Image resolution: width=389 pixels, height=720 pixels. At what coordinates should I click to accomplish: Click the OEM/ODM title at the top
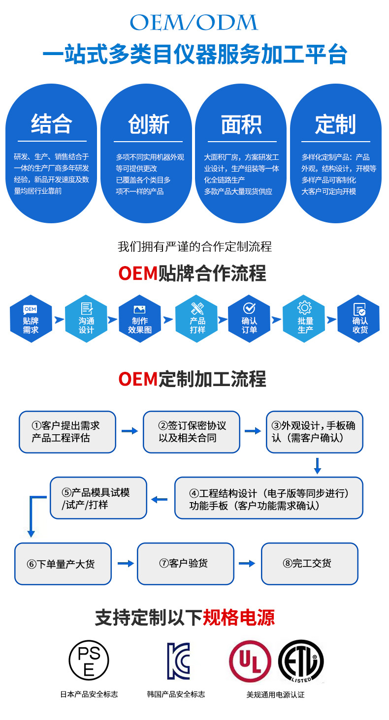click(x=194, y=23)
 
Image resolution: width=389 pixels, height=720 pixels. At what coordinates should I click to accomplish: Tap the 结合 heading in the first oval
click(x=51, y=124)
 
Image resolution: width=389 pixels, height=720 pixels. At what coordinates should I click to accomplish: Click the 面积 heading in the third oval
click(x=241, y=124)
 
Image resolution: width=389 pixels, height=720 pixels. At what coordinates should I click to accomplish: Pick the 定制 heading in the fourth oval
click(x=335, y=124)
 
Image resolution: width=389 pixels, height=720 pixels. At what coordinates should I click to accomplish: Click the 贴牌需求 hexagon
click(x=31, y=319)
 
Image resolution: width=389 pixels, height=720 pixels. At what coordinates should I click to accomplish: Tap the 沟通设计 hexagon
click(x=86, y=319)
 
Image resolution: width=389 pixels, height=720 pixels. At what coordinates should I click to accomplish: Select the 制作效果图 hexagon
click(x=140, y=319)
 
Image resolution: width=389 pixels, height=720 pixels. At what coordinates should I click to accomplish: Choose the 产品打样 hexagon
click(x=197, y=319)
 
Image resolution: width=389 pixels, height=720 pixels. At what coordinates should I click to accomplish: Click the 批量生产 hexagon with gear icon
click(x=305, y=319)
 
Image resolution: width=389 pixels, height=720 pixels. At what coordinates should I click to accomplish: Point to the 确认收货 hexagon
click(x=359, y=319)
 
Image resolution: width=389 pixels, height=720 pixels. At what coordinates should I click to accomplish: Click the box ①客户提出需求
click(x=67, y=432)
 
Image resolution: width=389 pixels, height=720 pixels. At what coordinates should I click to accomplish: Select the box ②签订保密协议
click(x=192, y=432)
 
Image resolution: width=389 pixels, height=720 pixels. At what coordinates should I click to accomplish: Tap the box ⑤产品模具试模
click(x=98, y=498)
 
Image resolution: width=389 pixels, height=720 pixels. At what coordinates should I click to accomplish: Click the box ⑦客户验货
click(x=185, y=564)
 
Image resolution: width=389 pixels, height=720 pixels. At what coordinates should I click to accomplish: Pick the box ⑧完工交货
click(x=309, y=564)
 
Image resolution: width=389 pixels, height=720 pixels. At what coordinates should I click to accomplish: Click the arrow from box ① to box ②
click(x=130, y=431)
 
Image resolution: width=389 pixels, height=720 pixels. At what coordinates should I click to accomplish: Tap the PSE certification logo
click(x=89, y=660)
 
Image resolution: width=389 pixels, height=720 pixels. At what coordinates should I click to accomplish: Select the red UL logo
click(x=250, y=661)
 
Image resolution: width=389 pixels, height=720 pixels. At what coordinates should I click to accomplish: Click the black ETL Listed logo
click(x=301, y=661)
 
